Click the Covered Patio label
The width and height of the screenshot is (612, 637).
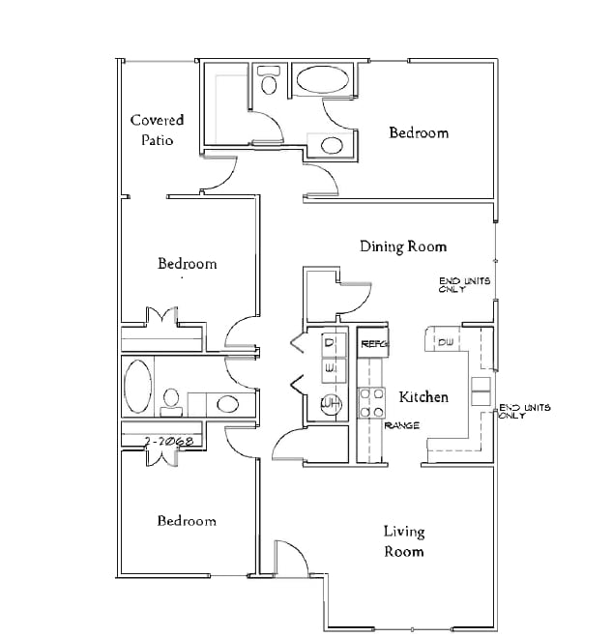tap(157, 130)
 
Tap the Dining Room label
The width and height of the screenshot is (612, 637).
tap(403, 246)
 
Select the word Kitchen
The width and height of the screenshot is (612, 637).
tap(423, 396)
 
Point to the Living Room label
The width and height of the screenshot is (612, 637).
tap(403, 541)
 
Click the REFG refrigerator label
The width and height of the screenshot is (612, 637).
tap(373, 343)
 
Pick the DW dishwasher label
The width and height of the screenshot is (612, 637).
tap(446, 342)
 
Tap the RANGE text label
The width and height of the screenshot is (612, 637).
tap(400, 425)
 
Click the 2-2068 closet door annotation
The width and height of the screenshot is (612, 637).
tap(169, 441)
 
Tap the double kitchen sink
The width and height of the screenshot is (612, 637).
tap(481, 391)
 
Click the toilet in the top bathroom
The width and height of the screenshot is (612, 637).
tap(268, 81)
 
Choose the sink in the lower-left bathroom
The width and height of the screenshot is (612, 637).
tap(226, 403)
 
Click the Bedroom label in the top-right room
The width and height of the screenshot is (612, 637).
tap(419, 132)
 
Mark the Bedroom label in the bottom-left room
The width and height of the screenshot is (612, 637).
tap(187, 521)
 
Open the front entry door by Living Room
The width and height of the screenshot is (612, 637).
tap(289, 558)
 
